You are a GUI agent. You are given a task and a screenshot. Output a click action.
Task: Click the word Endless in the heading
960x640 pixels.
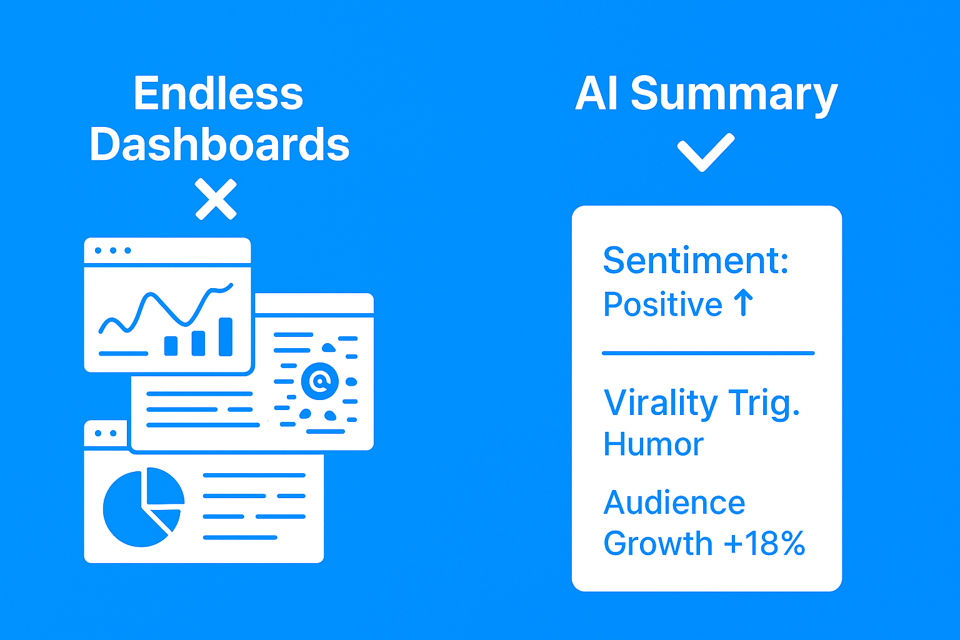(x=219, y=93)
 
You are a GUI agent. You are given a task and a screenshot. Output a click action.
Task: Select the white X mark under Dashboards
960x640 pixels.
(x=216, y=199)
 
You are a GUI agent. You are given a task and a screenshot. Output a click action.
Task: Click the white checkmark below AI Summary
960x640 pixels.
(x=706, y=152)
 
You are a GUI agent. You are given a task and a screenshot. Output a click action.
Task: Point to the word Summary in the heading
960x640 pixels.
(x=734, y=95)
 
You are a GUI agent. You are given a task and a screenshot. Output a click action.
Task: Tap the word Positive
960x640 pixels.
(x=662, y=304)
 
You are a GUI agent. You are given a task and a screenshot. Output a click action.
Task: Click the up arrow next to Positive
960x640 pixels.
(x=743, y=302)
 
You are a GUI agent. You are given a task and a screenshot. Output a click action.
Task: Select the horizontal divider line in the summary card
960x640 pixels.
(x=708, y=353)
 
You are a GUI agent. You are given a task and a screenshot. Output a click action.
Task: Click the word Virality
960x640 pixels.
(x=661, y=403)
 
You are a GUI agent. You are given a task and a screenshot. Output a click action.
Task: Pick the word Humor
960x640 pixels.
(x=653, y=444)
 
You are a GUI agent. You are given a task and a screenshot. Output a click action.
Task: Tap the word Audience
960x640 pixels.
(x=674, y=502)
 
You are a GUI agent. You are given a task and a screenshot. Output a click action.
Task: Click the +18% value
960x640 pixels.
(x=764, y=543)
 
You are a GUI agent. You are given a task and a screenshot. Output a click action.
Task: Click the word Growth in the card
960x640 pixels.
(x=658, y=543)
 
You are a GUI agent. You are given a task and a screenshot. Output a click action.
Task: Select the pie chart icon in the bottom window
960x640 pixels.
(x=144, y=507)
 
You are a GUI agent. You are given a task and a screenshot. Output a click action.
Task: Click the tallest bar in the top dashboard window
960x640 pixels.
(x=226, y=337)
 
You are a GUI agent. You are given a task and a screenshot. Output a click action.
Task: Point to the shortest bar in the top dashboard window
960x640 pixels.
(x=171, y=346)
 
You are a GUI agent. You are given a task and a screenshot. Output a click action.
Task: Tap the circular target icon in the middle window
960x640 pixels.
(x=320, y=381)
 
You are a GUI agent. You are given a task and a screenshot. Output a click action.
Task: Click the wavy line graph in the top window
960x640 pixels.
(x=166, y=307)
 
